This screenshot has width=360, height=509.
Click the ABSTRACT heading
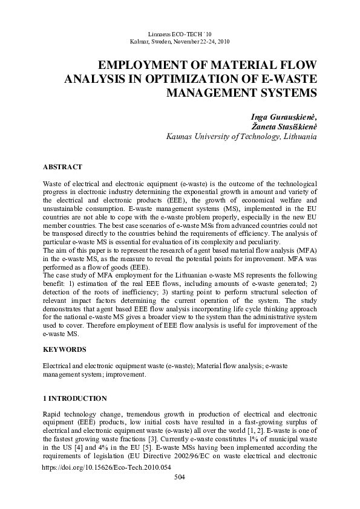pyautogui.click(x=62, y=166)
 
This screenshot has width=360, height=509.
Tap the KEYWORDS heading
pyautogui.click(x=64, y=349)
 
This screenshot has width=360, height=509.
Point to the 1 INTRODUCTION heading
pyautogui.click(x=74, y=399)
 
